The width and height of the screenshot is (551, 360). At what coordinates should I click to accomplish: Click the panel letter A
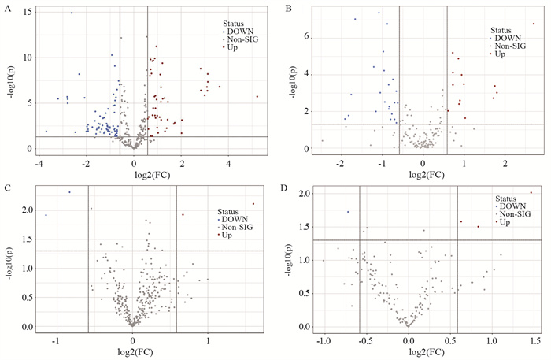[x=6, y=9]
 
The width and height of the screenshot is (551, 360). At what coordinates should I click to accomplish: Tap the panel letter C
[x=7, y=188]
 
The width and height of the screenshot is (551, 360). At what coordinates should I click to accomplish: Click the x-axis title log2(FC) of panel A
[x=148, y=173]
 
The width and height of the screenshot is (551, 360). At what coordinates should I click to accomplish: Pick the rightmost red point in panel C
[x=253, y=204]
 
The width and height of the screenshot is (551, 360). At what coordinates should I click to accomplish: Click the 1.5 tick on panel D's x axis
[x=536, y=341]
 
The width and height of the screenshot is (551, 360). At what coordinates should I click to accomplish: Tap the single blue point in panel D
[x=348, y=212]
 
